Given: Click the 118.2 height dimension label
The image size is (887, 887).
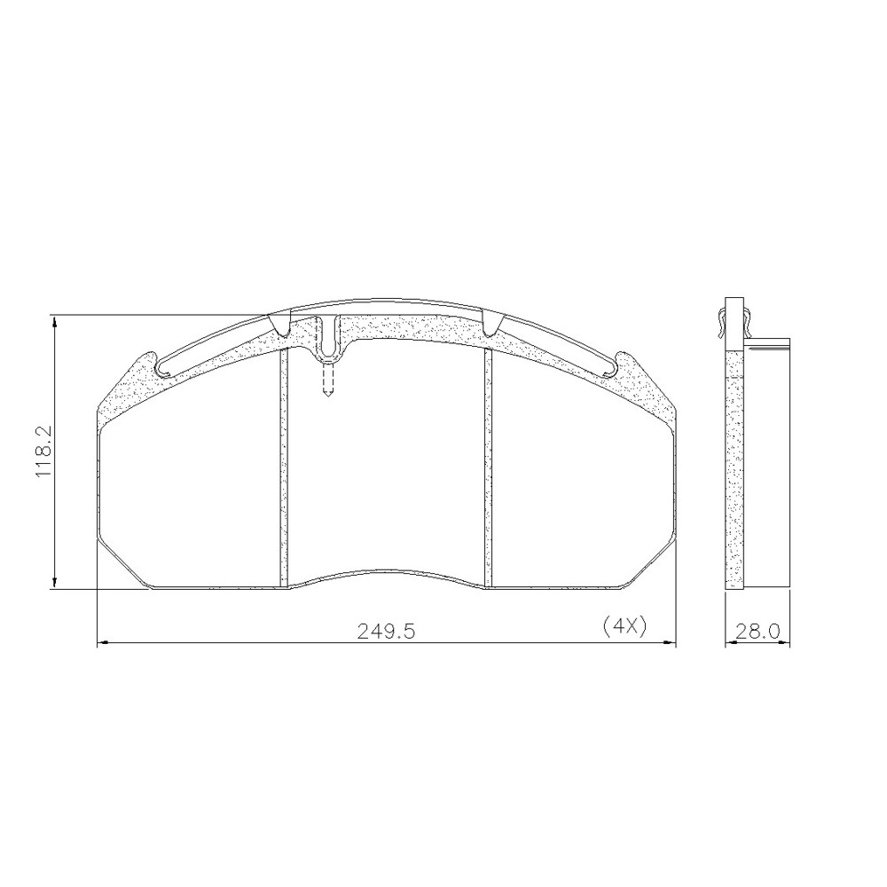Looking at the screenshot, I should [x=44, y=451].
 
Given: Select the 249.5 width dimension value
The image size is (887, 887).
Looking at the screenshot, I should [x=387, y=631].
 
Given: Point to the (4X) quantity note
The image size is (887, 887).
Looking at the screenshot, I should [x=624, y=626].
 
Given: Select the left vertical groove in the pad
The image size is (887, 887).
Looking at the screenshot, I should [x=284, y=466].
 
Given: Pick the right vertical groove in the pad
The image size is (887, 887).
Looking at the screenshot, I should [x=487, y=466].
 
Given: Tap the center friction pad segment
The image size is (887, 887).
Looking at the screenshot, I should [x=386, y=470].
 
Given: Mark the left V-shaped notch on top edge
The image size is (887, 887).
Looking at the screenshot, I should [x=280, y=326].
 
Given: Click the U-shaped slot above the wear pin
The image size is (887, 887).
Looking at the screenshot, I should [x=329, y=341].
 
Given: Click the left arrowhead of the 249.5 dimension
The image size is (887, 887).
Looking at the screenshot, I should [x=102, y=643].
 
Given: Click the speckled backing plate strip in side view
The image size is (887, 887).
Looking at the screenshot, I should [x=734, y=470].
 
